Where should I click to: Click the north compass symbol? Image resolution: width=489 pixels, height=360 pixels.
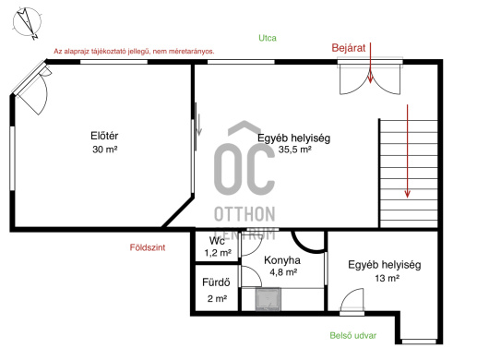pyautogui.click(x=27, y=23)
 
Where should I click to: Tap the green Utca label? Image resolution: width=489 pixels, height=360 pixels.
pyautogui.click(x=268, y=38)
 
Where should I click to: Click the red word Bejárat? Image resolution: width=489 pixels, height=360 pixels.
pyautogui.click(x=349, y=48)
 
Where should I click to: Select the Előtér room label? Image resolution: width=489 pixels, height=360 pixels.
pyautogui.click(x=104, y=136)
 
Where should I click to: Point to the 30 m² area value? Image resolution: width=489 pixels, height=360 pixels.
pyautogui.click(x=105, y=150)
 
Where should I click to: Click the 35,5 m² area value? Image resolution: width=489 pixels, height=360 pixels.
pyautogui.click(x=294, y=150)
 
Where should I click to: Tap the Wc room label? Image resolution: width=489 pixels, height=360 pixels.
pyautogui.click(x=217, y=241)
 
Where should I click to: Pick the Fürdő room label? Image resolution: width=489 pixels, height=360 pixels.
pyautogui.click(x=216, y=282)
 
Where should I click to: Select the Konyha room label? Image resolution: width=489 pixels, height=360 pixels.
pyautogui.click(x=282, y=260)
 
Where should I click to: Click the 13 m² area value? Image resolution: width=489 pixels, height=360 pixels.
pyautogui.click(x=387, y=278)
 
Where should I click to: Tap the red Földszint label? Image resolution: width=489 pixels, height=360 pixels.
pyautogui.click(x=148, y=247)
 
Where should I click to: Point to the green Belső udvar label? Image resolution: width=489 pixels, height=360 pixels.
pyautogui.click(x=353, y=336)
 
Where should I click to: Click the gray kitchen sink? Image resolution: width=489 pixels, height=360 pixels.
pyautogui.click(x=268, y=299)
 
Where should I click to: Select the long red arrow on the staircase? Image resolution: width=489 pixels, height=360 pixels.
pyautogui.click(x=407, y=151)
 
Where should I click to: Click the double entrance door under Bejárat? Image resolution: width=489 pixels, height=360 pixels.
pyautogui.click(x=370, y=78)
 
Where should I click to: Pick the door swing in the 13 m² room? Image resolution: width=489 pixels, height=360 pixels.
pyautogui.click(x=352, y=300)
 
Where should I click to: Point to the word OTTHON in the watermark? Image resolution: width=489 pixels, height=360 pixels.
pyautogui.click(x=244, y=214)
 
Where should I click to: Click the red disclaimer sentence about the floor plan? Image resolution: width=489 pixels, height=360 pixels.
pyautogui.click(x=134, y=52)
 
